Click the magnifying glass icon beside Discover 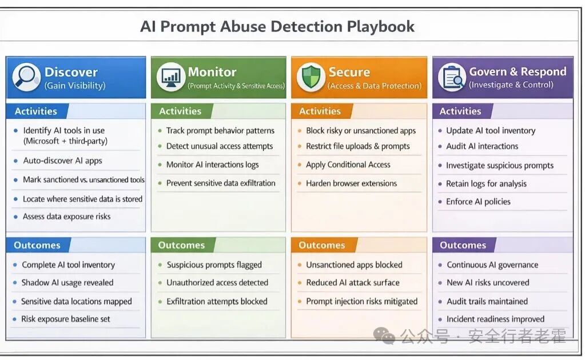pyautogui.click(x=26, y=77)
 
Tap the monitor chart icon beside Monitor pyautogui.click(x=170, y=77)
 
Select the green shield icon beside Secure pyautogui.click(x=311, y=77)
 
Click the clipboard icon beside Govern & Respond pyautogui.click(x=452, y=77)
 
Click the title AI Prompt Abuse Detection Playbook pyautogui.click(x=277, y=27)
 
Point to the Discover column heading pyautogui.click(x=71, y=72)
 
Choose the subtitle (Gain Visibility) pyautogui.click(x=75, y=86)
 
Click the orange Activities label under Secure pyautogui.click(x=320, y=111)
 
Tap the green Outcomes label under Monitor pyautogui.click(x=181, y=245)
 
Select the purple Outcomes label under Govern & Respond pyautogui.click(x=463, y=245)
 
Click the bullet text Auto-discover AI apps pyautogui.click(x=62, y=161)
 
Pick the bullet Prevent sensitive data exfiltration pyautogui.click(x=221, y=183)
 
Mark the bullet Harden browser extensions pyautogui.click(x=351, y=183)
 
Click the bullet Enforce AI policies pyautogui.click(x=478, y=201)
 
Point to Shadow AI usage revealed pyautogui.click(x=67, y=282)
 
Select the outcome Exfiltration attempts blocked pyautogui.click(x=217, y=301)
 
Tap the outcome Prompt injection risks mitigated pyautogui.click(x=361, y=301)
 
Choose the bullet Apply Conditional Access pyautogui.click(x=348, y=165)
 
